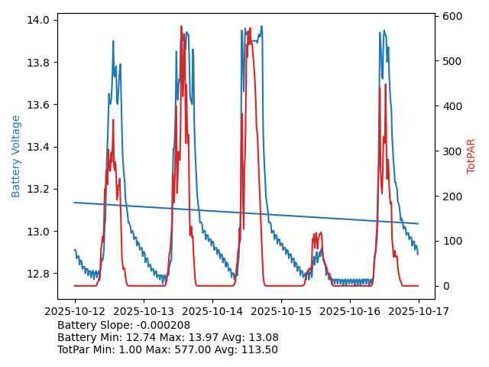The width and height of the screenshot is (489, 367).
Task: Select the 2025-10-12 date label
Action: point(74,311)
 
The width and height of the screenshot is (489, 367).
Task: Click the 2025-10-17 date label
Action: point(418,311)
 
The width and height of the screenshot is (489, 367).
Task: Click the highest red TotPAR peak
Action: point(181,27)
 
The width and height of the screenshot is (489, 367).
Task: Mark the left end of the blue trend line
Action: point(75,203)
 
